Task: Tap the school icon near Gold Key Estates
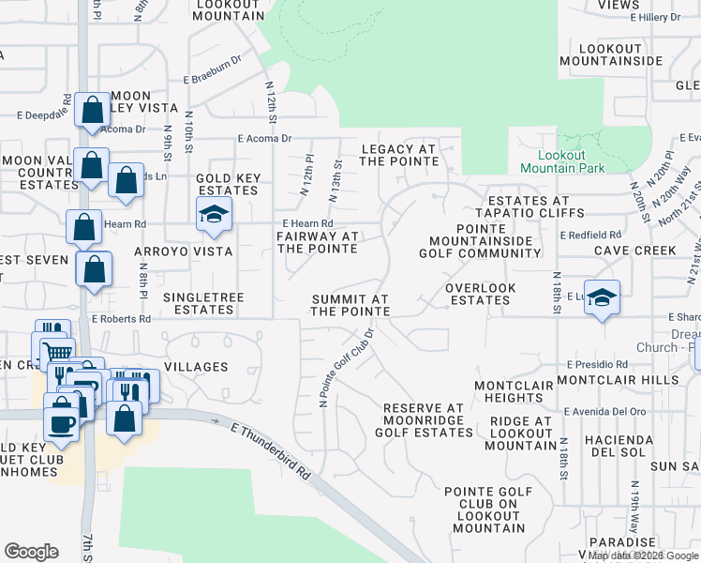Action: [213, 215]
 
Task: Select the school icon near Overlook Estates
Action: [601, 297]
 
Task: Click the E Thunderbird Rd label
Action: [271, 451]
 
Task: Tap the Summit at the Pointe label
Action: [350, 305]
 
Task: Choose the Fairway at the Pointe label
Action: [318, 242]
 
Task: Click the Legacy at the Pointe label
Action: [398, 155]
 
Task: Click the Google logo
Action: [31, 552]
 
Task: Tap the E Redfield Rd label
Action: [590, 235]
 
